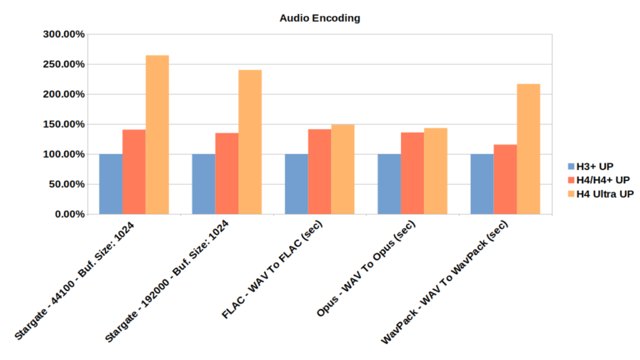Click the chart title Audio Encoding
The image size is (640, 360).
tap(320, 17)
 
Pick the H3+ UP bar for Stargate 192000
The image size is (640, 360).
tap(203, 184)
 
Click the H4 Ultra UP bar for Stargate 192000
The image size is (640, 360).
tap(250, 142)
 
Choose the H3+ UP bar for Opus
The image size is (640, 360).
tap(389, 184)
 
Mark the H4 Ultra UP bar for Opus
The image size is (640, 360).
tap(436, 171)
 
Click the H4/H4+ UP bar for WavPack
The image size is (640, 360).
tap(505, 179)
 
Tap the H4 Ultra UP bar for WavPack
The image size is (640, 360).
tap(528, 149)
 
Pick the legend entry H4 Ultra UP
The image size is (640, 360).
tap(603, 193)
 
